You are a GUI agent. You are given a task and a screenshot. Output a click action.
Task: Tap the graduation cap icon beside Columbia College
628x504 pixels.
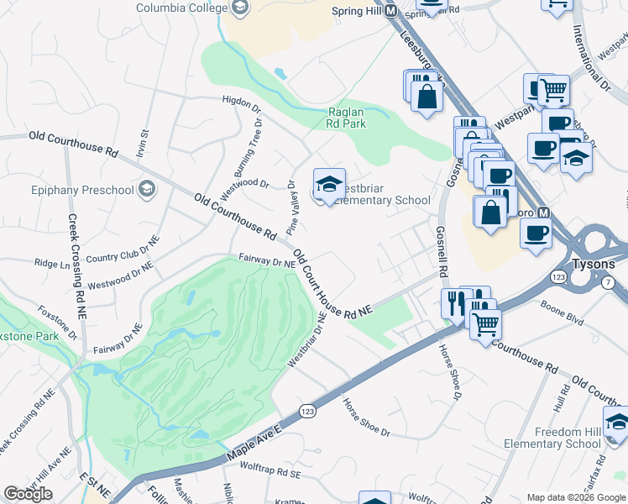[240, 8]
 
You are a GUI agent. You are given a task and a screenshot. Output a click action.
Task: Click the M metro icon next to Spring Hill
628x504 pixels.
[391, 10]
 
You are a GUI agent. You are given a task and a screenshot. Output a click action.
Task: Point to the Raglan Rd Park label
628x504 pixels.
[352, 118]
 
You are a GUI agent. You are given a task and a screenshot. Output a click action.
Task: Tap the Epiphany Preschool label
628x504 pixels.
[81, 189]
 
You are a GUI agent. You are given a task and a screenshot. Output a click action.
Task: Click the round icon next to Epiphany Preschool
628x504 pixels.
[148, 188]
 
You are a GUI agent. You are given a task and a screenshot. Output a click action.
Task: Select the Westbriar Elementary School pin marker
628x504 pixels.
[330, 185]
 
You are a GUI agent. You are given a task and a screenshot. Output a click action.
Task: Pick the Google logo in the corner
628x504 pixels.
[28, 494]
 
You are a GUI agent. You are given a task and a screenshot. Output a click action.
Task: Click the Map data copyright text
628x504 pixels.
[577, 497]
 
